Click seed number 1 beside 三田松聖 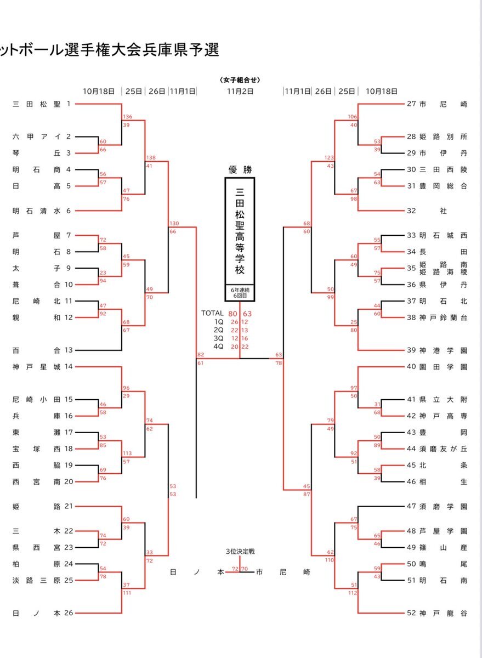click(69, 103)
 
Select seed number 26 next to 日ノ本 click(69, 613)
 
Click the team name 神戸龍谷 click(443, 613)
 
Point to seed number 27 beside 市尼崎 click(412, 103)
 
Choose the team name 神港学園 click(443, 350)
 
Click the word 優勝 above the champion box click(240, 169)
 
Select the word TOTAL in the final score click(212, 313)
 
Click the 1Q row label click(219, 322)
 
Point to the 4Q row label click(219, 347)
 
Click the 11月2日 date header click(240, 91)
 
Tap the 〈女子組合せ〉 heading click(240, 80)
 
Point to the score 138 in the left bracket click(151, 157)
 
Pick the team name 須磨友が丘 click(443, 449)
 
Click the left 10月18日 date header click(99, 91)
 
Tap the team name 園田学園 click(443, 366)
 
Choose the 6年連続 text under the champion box click(240, 289)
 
